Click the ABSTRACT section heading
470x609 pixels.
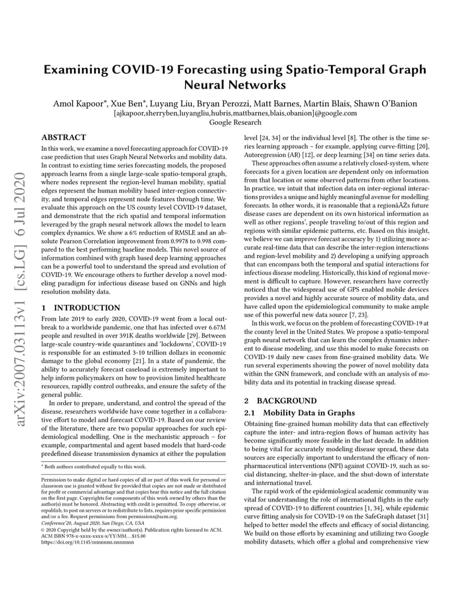[64, 137]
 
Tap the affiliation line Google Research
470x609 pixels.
[235, 122]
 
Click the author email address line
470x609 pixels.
[235, 113]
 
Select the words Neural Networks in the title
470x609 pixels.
[235, 85]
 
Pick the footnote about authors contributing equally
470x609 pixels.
[94, 466]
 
